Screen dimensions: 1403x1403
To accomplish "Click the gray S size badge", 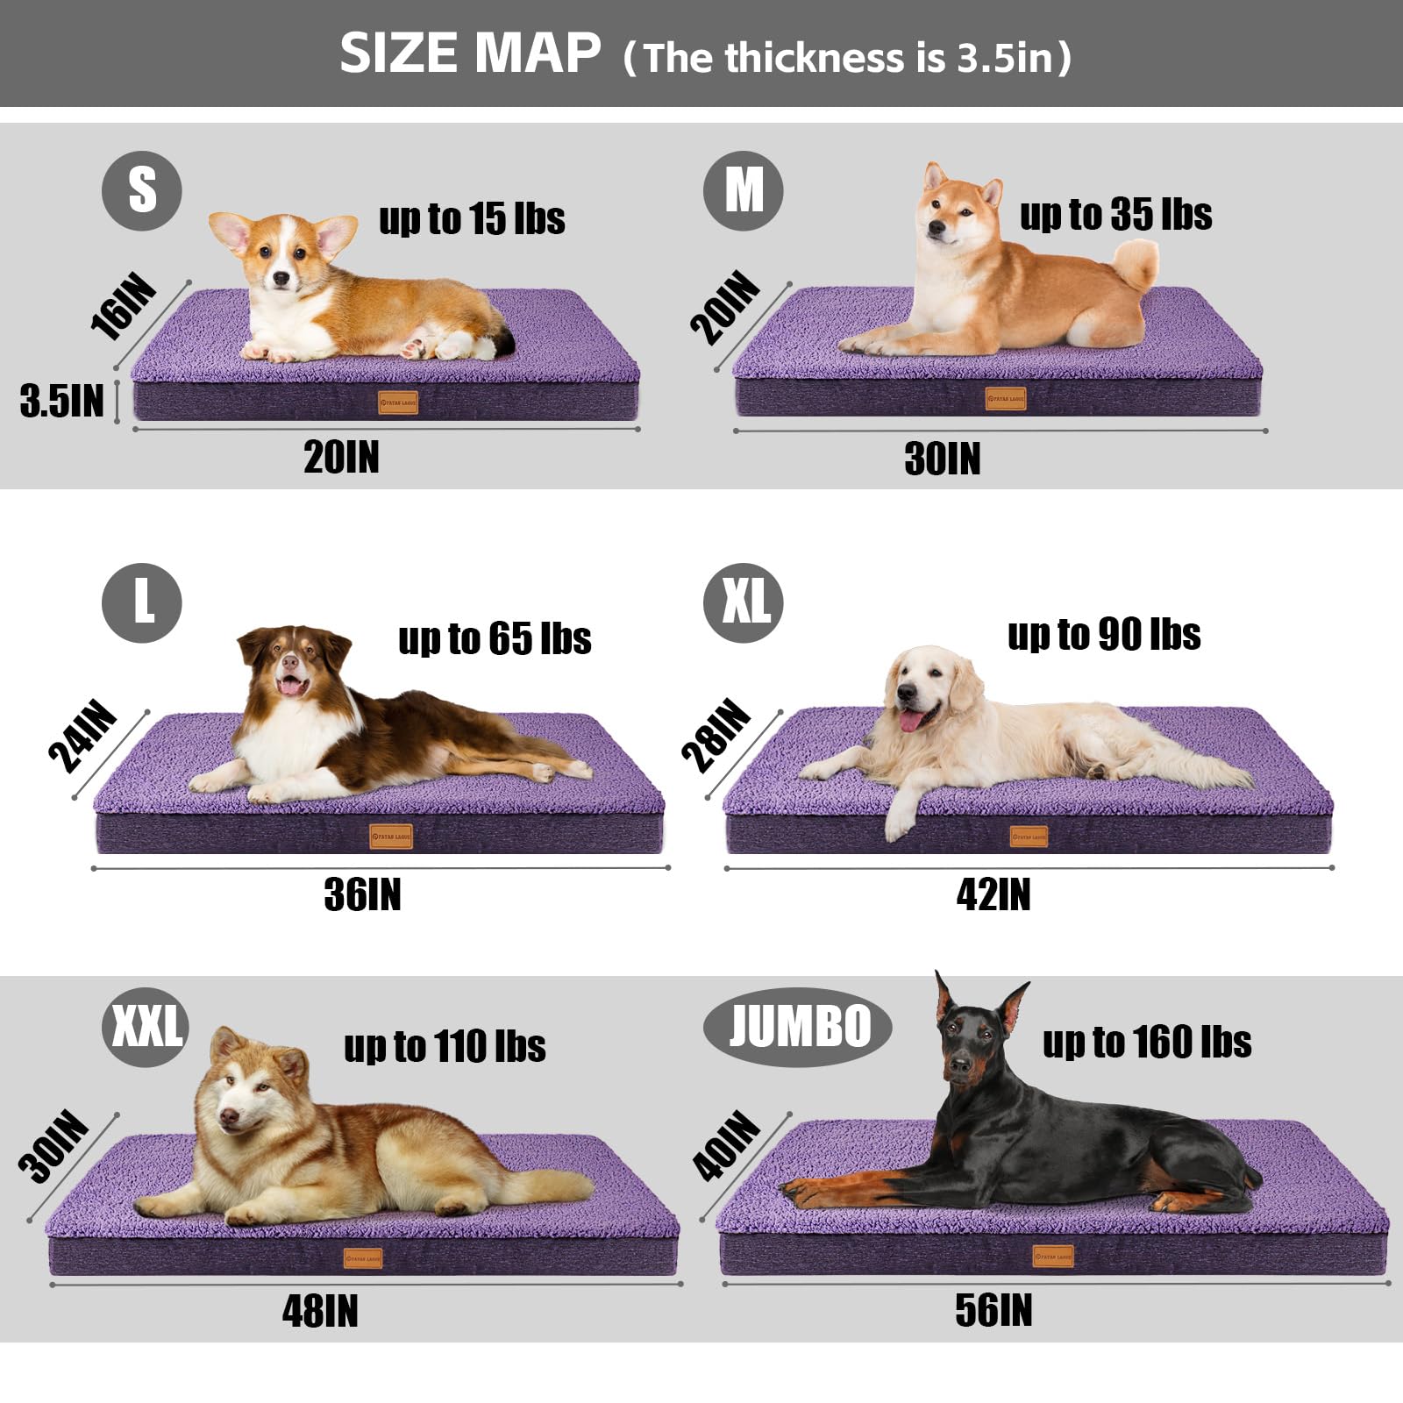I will click(x=142, y=190).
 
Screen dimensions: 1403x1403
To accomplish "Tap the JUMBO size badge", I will click(x=797, y=1026).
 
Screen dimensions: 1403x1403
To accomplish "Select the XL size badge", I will click(x=744, y=602).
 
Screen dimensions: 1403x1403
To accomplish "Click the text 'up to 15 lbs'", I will click(x=472, y=218).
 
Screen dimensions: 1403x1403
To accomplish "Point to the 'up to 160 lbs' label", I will click(x=1147, y=1042).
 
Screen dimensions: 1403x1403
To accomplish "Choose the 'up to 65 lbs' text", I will click(x=495, y=638).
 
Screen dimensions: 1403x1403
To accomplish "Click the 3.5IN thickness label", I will click(x=62, y=401).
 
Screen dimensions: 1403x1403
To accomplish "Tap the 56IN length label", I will click(x=993, y=1310).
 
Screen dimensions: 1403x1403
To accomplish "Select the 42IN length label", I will click(x=993, y=894).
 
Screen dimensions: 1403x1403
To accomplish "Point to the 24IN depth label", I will click(x=82, y=737).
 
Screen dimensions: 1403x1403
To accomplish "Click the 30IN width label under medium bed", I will click(x=943, y=459).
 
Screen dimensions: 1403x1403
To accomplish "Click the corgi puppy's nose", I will click(x=281, y=278).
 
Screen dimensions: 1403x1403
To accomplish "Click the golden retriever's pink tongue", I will click(x=912, y=722).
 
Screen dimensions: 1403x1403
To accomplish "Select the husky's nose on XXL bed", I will click(x=230, y=1116).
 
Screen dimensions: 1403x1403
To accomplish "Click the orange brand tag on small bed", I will click(x=397, y=402).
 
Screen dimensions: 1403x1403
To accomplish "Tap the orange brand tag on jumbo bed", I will click(x=1053, y=1257).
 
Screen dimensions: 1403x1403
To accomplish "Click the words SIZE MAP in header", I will click(x=470, y=53).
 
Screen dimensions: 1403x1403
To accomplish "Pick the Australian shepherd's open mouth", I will click(x=290, y=685).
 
